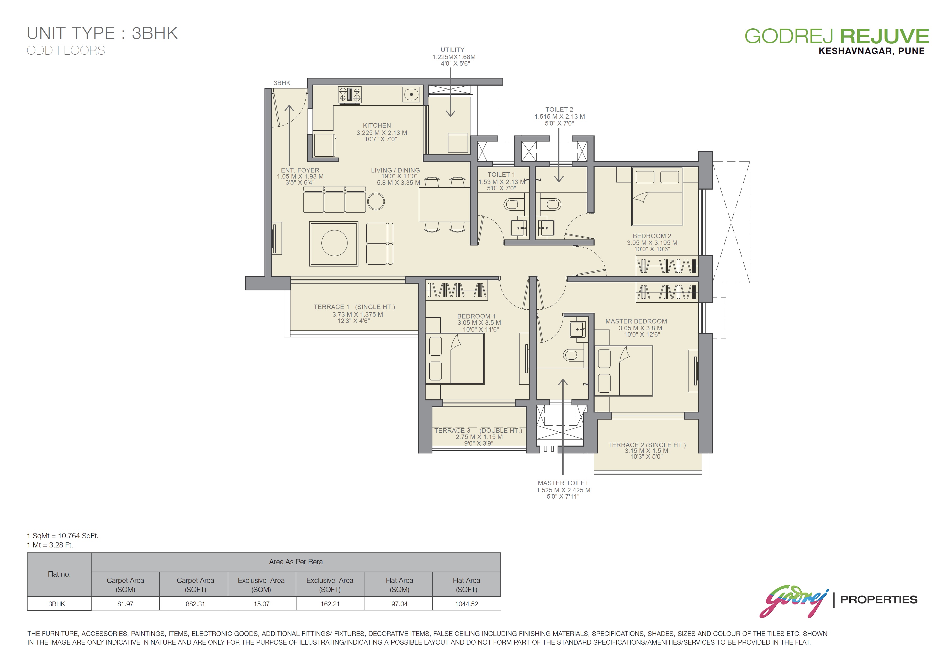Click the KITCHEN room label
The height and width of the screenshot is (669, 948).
(x=377, y=125)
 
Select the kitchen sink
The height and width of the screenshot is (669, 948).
(x=411, y=94)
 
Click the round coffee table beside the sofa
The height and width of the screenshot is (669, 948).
(x=376, y=202)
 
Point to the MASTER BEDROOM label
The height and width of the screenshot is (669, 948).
(x=636, y=321)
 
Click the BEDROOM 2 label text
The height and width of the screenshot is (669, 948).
(x=652, y=236)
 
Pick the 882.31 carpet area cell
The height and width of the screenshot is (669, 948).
(x=195, y=604)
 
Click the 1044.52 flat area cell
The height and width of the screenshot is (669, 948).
(x=467, y=604)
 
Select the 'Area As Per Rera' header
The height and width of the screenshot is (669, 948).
(x=296, y=562)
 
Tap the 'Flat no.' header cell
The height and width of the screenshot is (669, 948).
(x=59, y=574)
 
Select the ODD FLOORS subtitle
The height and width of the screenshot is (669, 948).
(x=66, y=50)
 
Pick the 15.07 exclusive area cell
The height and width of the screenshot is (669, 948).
(x=261, y=604)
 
